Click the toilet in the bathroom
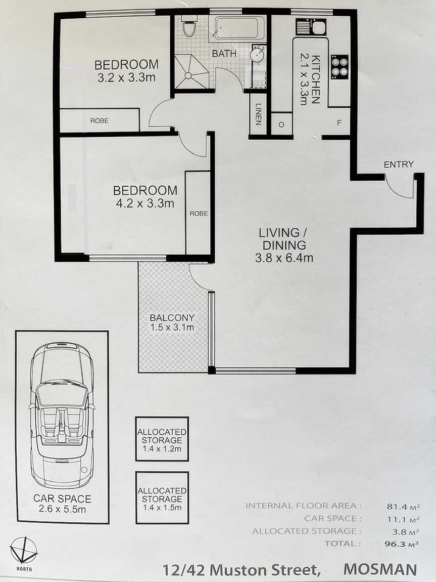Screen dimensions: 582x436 coord(189,27)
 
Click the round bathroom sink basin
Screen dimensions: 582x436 coord(258,55)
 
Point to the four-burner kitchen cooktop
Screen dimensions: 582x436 coord(340,66)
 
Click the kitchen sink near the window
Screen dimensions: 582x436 coord(311,26)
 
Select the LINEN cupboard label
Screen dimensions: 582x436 coord(258,114)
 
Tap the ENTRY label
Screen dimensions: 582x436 coord(398,164)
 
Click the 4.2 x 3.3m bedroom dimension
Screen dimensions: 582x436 coord(144,203)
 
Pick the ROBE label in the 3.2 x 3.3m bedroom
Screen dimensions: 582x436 coord(99,121)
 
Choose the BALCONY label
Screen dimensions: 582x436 coord(172,318)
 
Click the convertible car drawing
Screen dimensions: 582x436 coord(62,415)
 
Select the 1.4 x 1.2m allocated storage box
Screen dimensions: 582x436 coord(162,438)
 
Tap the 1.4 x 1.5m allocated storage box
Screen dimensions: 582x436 coord(162,497)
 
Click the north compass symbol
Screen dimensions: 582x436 coord(24,550)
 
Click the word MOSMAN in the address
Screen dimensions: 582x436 coord(380,569)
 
